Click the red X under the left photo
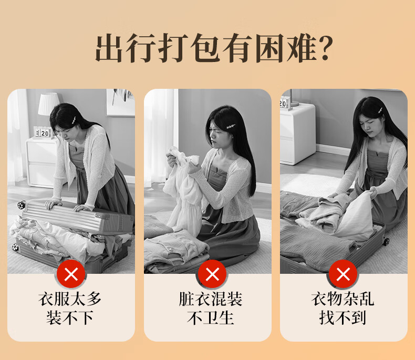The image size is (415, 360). [71, 274]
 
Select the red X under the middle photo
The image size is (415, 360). [212, 274]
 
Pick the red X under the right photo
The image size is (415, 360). [343, 274]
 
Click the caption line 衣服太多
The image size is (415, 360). [70, 299]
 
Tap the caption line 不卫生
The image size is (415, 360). [211, 317]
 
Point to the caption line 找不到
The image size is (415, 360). [343, 317]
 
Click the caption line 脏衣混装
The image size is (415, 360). [211, 299]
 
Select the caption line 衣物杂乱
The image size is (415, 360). [343, 299]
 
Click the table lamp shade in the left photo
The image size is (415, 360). [49, 104]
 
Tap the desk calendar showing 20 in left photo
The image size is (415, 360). [43, 132]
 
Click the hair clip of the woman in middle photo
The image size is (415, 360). [231, 127]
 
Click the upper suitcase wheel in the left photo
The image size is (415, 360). [22, 205]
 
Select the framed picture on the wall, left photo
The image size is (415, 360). [120, 102]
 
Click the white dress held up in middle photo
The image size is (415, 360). [182, 191]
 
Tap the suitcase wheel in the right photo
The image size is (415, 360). [386, 241]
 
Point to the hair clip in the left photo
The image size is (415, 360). [73, 120]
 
